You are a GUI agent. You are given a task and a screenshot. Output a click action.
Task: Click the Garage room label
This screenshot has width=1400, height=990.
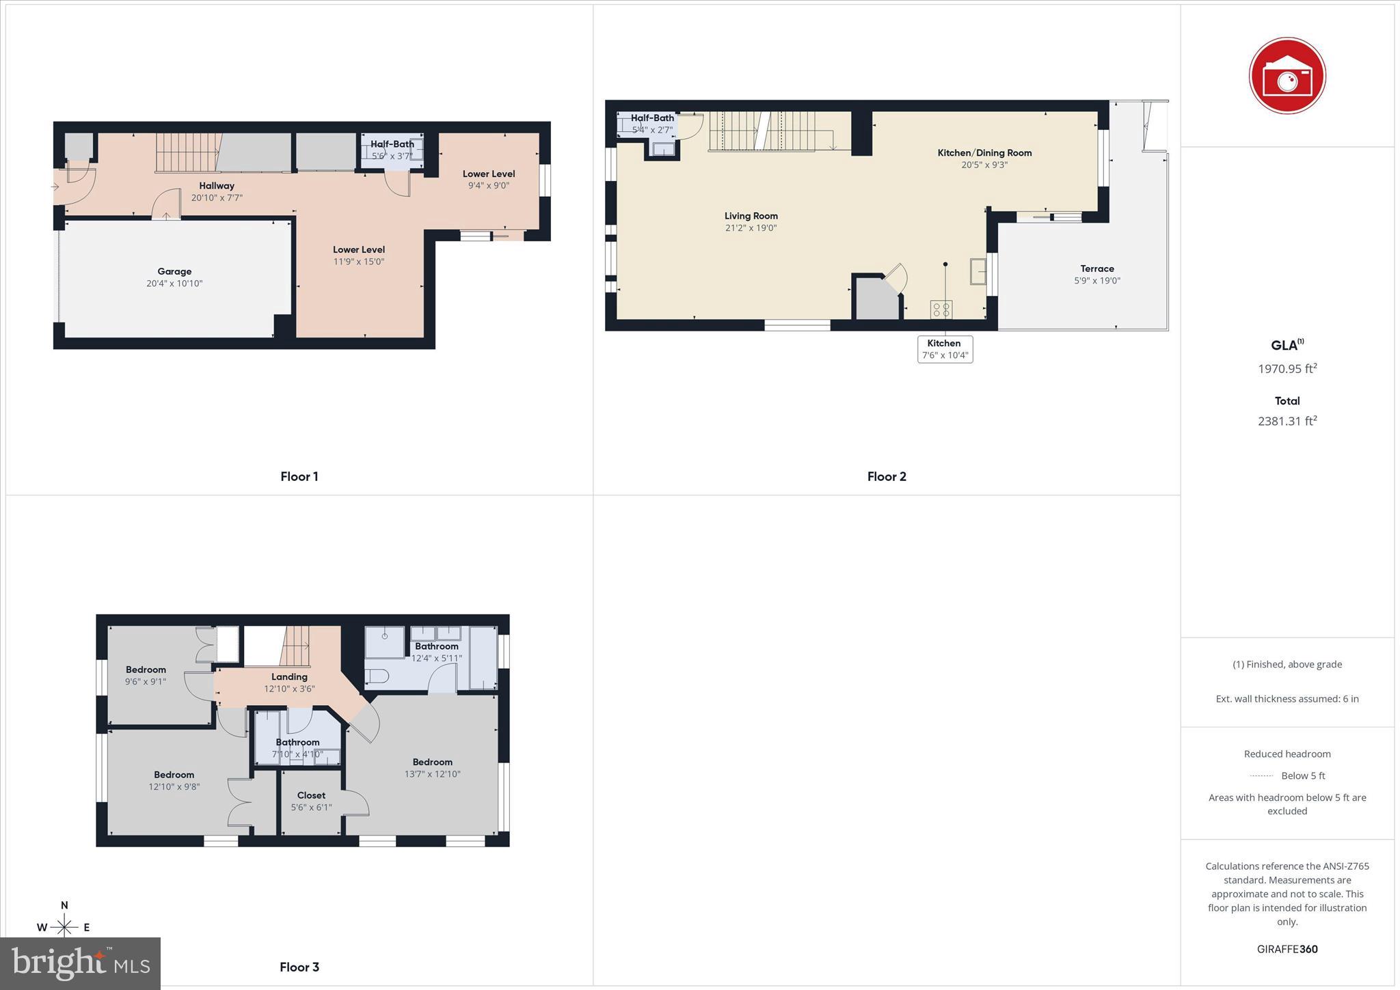(x=174, y=271)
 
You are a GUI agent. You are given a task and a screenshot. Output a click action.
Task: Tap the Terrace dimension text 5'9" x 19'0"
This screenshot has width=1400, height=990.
(x=1096, y=281)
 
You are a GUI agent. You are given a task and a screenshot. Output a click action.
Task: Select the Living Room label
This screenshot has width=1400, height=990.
(x=751, y=216)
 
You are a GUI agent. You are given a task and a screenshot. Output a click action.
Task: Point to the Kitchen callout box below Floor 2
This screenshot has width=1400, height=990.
(x=945, y=349)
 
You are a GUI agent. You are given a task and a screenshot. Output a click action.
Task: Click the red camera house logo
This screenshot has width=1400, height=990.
(x=1287, y=76)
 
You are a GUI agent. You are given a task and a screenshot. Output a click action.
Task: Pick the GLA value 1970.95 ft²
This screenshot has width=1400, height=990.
(x=1287, y=369)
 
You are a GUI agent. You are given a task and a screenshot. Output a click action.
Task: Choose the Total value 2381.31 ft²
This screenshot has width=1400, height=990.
(x=1287, y=421)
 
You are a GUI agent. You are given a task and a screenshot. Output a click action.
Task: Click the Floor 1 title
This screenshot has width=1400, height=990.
(x=299, y=476)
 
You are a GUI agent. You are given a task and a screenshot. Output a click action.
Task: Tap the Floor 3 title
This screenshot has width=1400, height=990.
(x=299, y=967)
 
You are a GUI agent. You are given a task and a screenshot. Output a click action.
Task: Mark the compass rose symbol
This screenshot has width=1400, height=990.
(x=64, y=926)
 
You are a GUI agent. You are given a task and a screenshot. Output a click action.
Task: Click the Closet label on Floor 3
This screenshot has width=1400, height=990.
(x=311, y=795)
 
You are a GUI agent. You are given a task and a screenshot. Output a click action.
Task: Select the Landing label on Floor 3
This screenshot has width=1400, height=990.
(x=289, y=676)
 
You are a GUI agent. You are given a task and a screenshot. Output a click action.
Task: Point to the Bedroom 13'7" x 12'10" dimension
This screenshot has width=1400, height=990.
(x=432, y=774)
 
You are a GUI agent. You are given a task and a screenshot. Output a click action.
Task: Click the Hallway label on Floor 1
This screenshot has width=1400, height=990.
(x=217, y=186)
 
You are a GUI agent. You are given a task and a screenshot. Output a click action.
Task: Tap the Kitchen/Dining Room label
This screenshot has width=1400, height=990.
(x=984, y=153)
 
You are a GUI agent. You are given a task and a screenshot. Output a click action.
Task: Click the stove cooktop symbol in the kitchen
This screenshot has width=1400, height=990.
(x=941, y=310)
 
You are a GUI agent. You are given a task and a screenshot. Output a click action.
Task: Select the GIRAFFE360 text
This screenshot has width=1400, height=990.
(x=1287, y=949)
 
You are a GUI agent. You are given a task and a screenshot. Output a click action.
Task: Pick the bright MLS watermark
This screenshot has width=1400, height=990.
(x=81, y=963)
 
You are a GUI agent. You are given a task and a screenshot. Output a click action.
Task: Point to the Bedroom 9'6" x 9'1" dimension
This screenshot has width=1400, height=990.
(x=145, y=682)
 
